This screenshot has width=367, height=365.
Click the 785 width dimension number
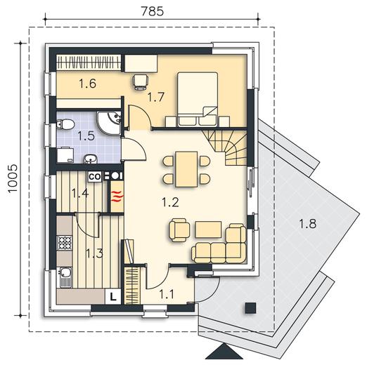click(x=152, y=11)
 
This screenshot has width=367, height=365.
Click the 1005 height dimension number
click(x=13, y=179)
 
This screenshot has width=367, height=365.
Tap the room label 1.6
click(x=87, y=84)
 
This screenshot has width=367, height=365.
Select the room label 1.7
click(x=156, y=97)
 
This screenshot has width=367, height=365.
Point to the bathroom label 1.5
click(x=86, y=135)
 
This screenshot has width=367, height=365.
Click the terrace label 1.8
click(x=307, y=223)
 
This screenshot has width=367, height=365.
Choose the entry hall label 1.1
click(x=167, y=294)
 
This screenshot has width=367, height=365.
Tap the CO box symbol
click(x=95, y=177)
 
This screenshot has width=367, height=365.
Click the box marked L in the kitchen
click(x=113, y=297)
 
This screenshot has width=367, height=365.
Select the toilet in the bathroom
click(x=65, y=124)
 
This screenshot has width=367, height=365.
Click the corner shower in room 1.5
click(x=109, y=123)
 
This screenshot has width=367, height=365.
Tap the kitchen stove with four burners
click(x=65, y=243)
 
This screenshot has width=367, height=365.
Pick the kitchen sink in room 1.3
click(x=65, y=277)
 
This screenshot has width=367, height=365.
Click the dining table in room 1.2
click(x=186, y=169)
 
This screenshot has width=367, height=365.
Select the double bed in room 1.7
click(x=198, y=99)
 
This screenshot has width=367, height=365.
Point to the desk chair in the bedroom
click(x=141, y=82)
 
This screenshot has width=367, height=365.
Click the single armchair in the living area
click(x=179, y=230)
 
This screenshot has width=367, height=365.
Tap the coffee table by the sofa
click(x=209, y=230)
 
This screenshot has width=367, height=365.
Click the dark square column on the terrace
click(x=250, y=308)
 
